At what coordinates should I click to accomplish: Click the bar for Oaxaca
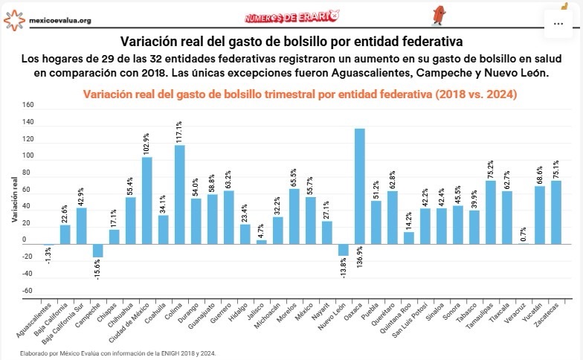point(360,186)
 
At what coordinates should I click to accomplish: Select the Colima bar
point(180,194)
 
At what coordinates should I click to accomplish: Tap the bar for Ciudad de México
point(147,200)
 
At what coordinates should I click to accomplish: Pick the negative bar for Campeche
point(98,251)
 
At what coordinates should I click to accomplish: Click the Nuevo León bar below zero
point(344,250)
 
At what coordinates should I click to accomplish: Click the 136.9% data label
point(360,271)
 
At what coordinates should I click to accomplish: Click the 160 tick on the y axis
point(28,105)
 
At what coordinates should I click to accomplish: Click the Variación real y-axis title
point(14,199)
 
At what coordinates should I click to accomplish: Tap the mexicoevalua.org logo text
point(59,20)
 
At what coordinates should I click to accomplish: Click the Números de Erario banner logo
point(292,16)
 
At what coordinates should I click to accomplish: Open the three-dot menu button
point(558,23)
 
